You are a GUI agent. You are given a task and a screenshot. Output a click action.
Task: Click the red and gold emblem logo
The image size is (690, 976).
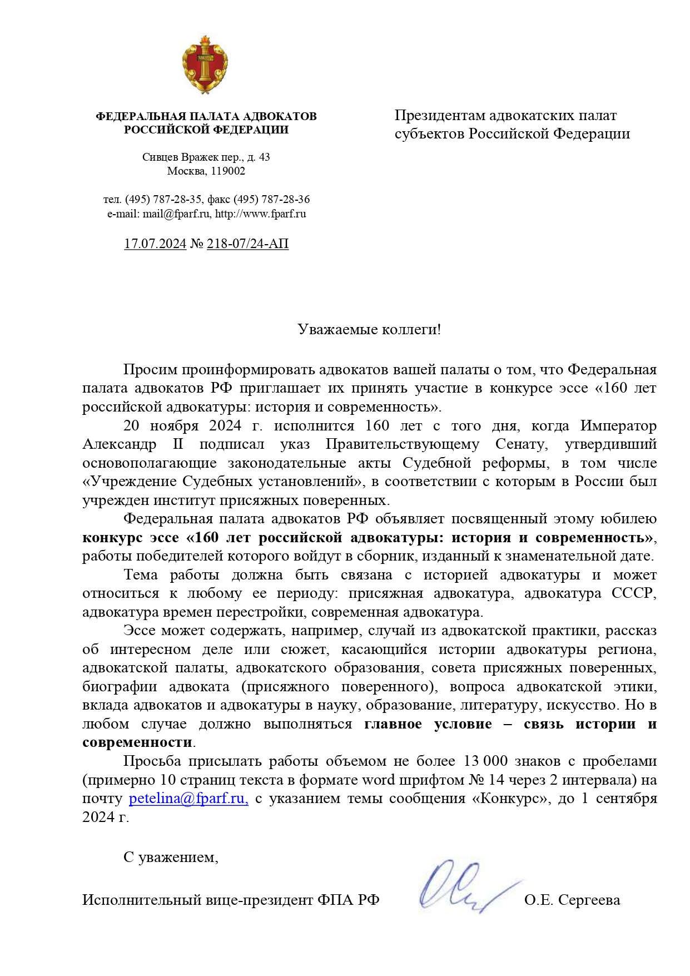tap(205, 65)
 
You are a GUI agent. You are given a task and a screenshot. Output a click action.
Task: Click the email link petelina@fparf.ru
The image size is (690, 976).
tap(188, 799)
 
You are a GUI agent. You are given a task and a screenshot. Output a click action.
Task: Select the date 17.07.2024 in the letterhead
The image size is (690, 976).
tap(155, 244)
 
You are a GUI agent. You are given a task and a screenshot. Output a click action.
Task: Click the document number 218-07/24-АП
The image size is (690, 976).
tap(247, 244)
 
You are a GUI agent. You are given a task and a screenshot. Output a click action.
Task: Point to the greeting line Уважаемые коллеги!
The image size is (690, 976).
tap(369, 329)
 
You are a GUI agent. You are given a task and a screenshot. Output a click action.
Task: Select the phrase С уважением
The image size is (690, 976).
tap(171, 857)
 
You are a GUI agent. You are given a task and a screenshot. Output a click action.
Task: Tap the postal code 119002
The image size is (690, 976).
tap(228, 171)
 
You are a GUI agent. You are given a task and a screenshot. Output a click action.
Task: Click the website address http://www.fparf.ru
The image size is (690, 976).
tap(260, 214)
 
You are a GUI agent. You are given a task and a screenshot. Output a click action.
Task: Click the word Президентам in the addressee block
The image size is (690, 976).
tap(440, 116)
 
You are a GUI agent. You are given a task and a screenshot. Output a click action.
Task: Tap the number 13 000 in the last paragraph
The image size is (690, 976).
tap(485, 761)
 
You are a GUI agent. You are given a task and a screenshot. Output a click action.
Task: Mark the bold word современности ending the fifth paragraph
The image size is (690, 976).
tap(137, 742)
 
